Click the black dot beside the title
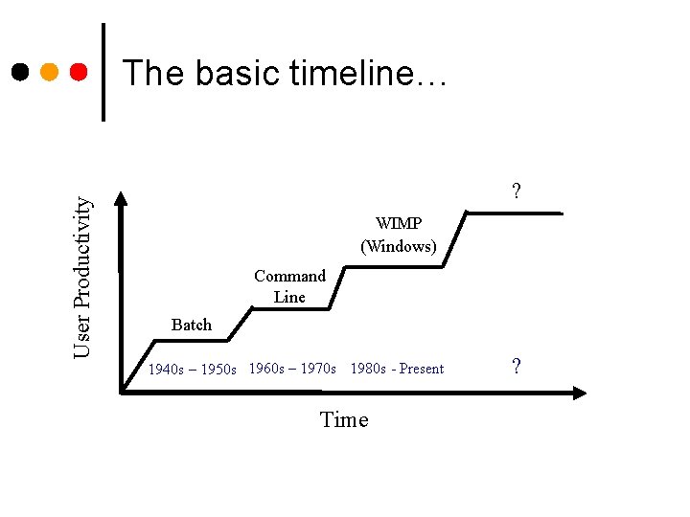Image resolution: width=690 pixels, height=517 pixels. (x=20, y=72)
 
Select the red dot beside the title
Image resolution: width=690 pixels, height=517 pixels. (x=80, y=72)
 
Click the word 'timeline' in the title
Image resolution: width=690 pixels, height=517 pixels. (x=363, y=73)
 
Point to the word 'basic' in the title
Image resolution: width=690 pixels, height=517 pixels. (x=229, y=73)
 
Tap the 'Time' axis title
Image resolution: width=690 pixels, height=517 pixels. (x=344, y=420)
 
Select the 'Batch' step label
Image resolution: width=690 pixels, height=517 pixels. (x=191, y=325)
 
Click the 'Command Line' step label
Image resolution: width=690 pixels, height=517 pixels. (x=289, y=286)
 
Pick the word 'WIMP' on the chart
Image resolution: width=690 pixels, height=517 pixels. (x=398, y=224)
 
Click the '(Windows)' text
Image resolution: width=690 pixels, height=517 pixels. (x=398, y=246)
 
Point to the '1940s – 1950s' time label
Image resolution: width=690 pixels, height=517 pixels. (x=193, y=370)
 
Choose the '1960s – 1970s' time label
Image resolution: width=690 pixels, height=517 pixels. (x=292, y=369)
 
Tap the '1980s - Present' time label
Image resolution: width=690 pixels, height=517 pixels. (x=397, y=369)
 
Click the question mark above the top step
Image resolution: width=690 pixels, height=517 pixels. (x=517, y=191)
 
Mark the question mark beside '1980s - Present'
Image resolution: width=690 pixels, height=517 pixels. (x=517, y=367)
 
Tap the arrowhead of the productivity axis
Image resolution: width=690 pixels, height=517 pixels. (x=123, y=199)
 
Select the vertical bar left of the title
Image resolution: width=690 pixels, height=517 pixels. (x=103, y=72)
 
